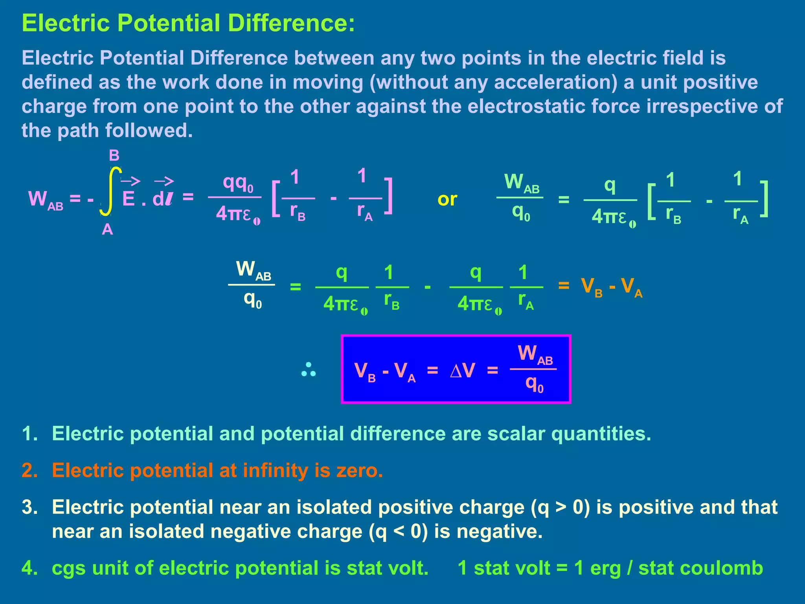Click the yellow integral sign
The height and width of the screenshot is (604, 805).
(110, 192)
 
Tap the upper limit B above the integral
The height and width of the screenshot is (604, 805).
(114, 156)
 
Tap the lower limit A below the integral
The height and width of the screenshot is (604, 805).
(107, 229)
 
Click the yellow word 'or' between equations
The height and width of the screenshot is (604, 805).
(447, 200)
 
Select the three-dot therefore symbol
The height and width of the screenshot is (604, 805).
(309, 370)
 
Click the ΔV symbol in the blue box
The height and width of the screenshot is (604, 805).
(463, 370)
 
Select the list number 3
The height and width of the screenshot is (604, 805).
(30, 507)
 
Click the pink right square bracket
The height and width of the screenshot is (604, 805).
(388, 196)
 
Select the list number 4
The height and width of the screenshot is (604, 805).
(30, 568)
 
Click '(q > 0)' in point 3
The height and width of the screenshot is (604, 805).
(561, 507)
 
